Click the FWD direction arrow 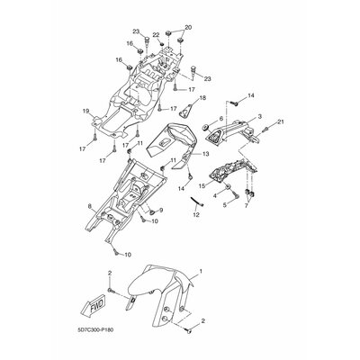(x=93, y=309)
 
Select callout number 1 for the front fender (x=201, y=272)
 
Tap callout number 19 (x=85, y=112)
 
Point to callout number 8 (x=90, y=206)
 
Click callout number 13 (x=205, y=154)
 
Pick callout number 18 (x=202, y=98)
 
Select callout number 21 (x=280, y=121)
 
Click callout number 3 (x=260, y=116)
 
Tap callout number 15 (x=202, y=186)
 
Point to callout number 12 (x=196, y=215)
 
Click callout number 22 (x=156, y=35)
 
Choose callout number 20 (x=188, y=27)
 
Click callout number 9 (x=161, y=210)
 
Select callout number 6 (x=221, y=119)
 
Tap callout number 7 (x=247, y=207)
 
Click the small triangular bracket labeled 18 (x=185, y=112)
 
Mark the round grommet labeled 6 (x=206, y=127)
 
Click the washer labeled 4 (x=228, y=187)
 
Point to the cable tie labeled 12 (x=198, y=202)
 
